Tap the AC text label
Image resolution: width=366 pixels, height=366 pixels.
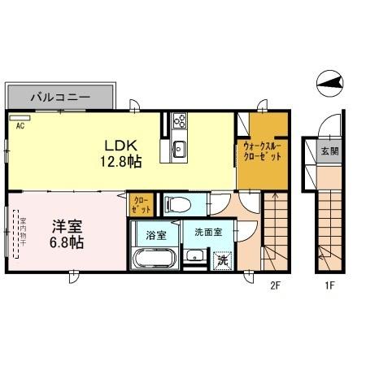click(20, 125)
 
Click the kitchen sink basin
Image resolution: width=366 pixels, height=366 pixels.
click(180, 149)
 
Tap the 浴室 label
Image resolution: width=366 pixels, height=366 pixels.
click(155, 235)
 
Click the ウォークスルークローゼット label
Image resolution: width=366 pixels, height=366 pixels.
click(262, 151)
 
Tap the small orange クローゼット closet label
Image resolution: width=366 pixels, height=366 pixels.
click(140, 204)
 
